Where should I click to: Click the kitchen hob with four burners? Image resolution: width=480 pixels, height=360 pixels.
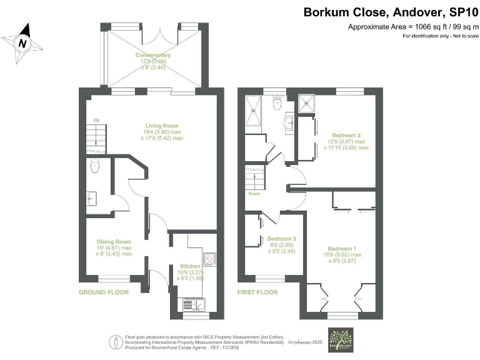click(209, 257)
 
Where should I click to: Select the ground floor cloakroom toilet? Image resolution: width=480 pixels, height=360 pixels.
click(94, 166)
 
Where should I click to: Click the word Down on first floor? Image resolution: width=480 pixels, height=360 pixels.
click(254, 193)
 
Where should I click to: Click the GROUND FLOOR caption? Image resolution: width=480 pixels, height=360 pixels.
click(104, 292)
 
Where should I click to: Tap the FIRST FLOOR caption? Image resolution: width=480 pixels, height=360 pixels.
click(257, 292)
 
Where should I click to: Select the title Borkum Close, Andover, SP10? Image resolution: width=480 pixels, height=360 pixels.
click(388, 12)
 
